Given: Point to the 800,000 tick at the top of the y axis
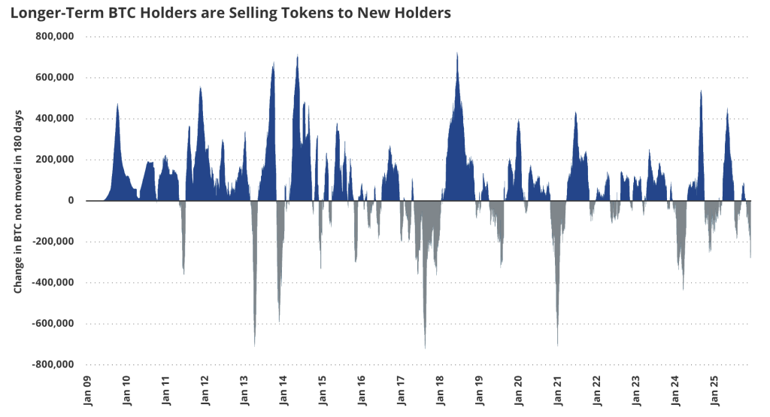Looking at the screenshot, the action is pyautogui.click(x=54, y=36).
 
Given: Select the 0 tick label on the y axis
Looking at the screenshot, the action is pyautogui.click(x=71, y=201).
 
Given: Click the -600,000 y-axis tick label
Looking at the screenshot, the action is pyautogui.click(x=53, y=324).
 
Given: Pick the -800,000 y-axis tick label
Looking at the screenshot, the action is pyautogui.click(x=53, y=364).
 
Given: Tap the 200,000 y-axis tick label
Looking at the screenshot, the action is pyautogui.click(x=54, y=160).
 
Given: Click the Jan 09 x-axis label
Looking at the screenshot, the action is pyautogui.click(x=87, y=391).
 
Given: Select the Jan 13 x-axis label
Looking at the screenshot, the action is pyautogui.click(x=244, y=391).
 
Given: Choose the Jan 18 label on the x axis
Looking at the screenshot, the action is pyautogui.click(x=441, y=391).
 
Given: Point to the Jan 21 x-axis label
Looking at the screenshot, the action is pyautogui.click(x=559, y=391).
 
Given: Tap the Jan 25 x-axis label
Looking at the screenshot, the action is pyautogui.click(x=715, y=391).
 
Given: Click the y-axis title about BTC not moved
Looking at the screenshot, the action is pyautogui.click(x=18, y=202).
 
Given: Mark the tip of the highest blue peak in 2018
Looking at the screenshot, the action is pyautogui.click(x=457, y=53).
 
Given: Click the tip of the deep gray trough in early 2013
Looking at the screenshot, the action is pyautogui.click(x=254, y=346).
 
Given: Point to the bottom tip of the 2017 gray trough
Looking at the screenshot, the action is pyautogui.click(x=426, y=349).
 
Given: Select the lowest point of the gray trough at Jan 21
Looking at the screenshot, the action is pyautogui.click(x=557, y=345).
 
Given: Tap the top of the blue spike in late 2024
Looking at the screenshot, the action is pyautogui.click(x=701, y=90).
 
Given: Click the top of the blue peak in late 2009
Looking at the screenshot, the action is pyautogui.click(x=117, y=104).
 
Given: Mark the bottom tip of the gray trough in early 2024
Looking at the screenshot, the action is pyautogui.click(x=683, y=290).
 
